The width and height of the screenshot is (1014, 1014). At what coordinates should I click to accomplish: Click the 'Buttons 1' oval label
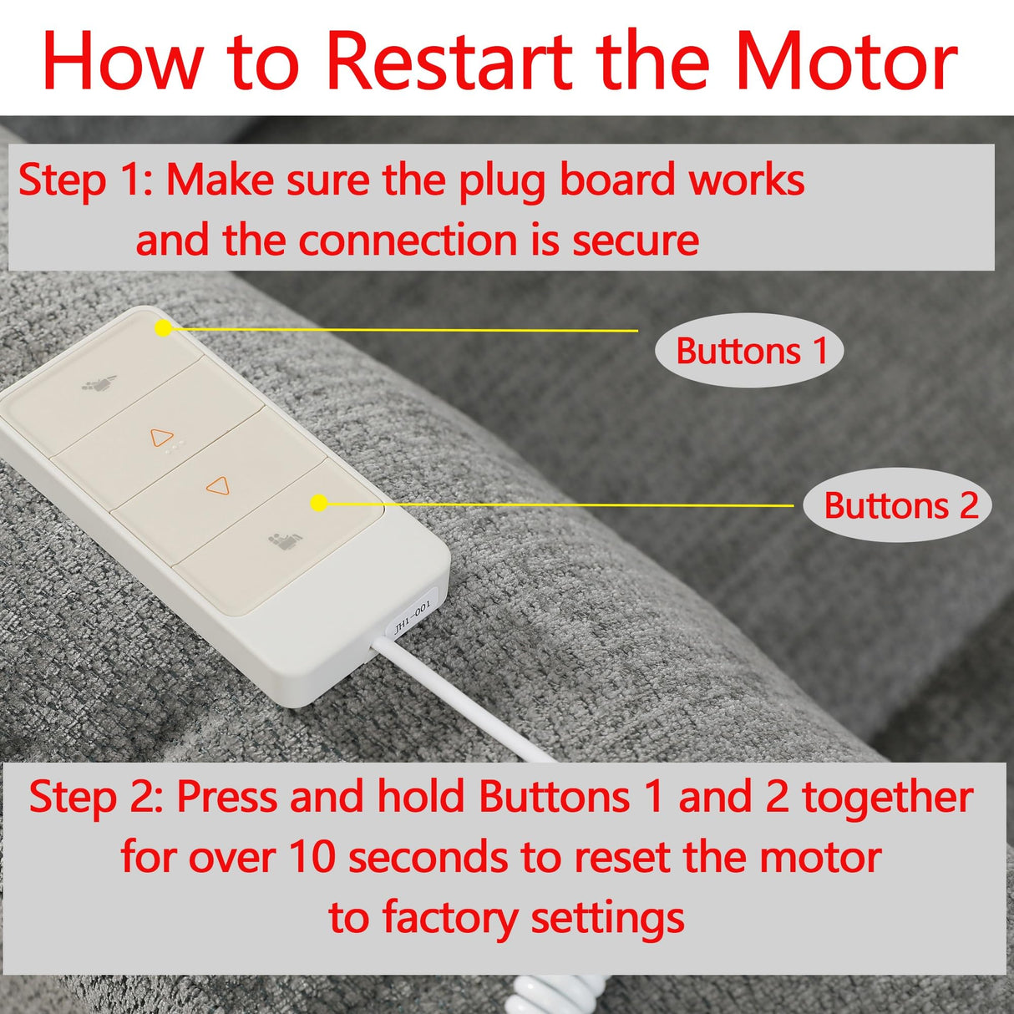pos(749,351)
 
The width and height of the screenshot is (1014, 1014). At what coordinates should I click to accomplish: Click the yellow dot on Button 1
pos(164,328)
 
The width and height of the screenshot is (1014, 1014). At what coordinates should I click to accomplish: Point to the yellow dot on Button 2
pos(318,503)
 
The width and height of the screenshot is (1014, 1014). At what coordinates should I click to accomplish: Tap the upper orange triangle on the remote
pos(161,438)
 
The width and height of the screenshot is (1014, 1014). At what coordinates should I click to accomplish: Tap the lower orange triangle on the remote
pos(218,485)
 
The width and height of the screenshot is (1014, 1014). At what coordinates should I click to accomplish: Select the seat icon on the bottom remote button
pos(284,542)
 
